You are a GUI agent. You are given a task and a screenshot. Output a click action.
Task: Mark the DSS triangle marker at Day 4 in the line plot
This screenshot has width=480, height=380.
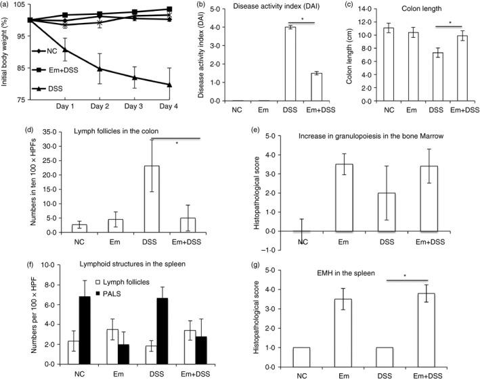(169, 85)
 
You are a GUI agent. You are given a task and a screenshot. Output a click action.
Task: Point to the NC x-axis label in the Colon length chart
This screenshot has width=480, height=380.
(387, 110)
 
